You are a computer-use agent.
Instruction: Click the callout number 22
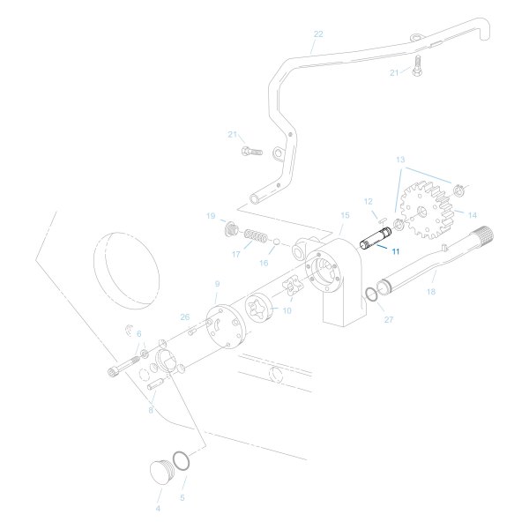point(318,34)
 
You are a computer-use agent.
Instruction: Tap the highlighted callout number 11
point(396,251)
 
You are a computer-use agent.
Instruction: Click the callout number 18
point(431,290)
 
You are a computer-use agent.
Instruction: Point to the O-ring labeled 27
point(374,295)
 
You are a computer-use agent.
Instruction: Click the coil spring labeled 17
point(255,237)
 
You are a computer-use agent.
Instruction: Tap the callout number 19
point(211,216)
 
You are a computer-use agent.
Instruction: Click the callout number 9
point(217,284)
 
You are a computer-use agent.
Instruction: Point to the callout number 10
point(287,311)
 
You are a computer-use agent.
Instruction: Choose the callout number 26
point(184,317)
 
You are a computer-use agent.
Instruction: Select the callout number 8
point(151,409)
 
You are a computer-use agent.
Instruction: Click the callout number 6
point(138,333)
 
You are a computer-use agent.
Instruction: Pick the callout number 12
point(369,201)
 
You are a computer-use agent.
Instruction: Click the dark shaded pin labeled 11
point(376,239)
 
